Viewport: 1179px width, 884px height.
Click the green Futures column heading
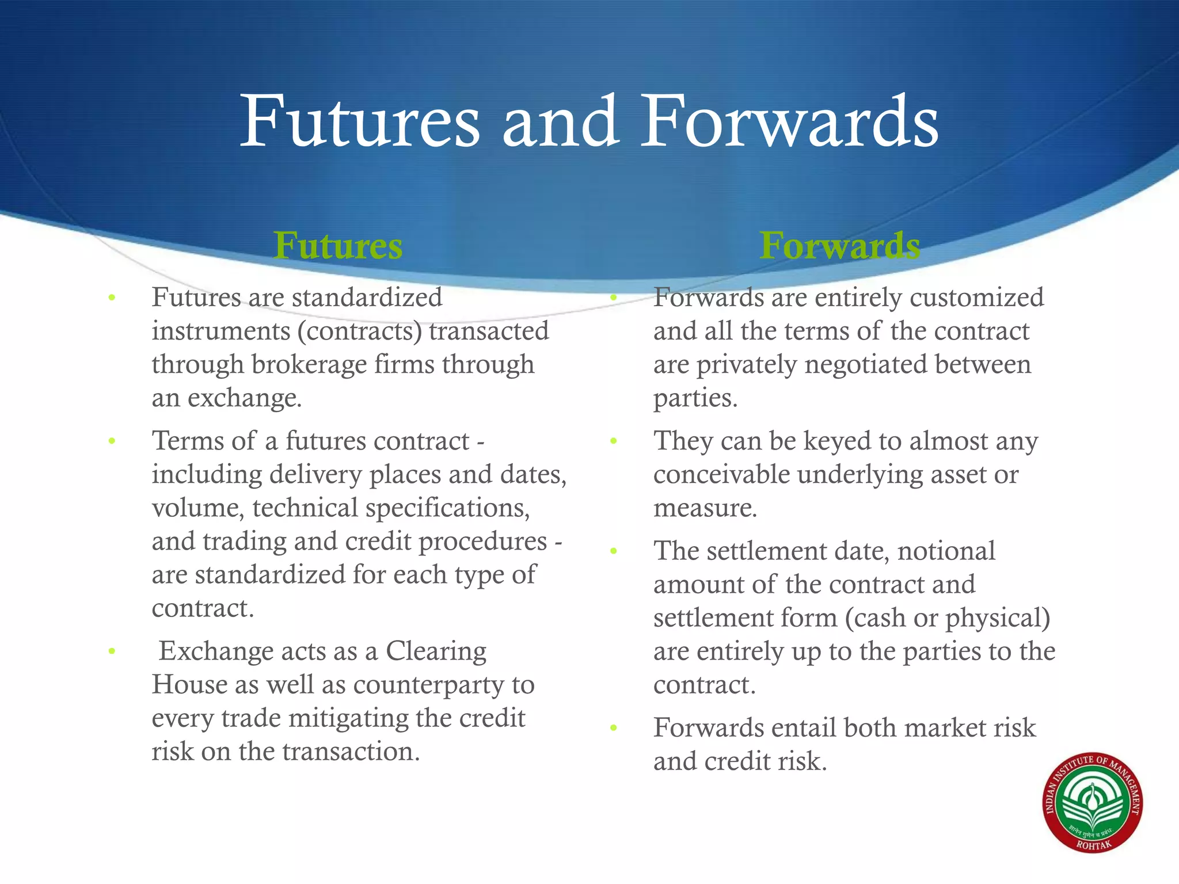tap(338, 246)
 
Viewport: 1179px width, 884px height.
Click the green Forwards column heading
tap(839, 246)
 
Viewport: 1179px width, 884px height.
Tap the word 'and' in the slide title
tap(560, 122)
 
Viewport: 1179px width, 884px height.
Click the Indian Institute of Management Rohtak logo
tap(1093, 803)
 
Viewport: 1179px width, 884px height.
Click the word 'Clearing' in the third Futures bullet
tap(436, 651)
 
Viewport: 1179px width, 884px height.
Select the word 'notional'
tap(946, 551)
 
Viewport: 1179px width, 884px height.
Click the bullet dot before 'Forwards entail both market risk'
tap(614, 728)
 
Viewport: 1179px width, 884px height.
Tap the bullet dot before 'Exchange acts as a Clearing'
tap(112, 651)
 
